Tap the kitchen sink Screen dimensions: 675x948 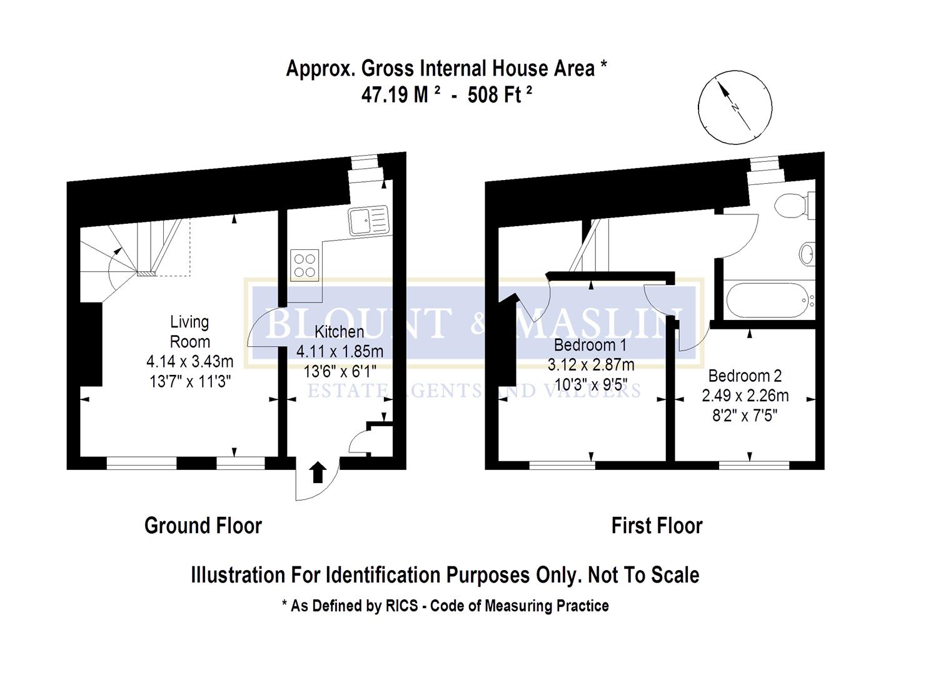pos(368,221)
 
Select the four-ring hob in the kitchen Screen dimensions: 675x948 pos(305,265)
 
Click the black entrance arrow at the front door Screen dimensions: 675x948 pos(318,472)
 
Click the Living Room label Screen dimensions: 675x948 pos(189,332)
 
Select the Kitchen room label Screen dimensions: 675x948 pos(339,332)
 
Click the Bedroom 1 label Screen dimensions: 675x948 pos(590,345)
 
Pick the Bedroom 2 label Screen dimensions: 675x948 pos(745,376)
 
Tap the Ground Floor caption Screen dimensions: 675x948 pos(203,526)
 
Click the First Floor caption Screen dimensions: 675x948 pos(657,526)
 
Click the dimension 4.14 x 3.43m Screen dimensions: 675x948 pos(189,361)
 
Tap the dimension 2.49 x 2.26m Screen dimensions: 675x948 pos(745,396)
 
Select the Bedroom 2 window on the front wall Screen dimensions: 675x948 pos(754,465)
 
